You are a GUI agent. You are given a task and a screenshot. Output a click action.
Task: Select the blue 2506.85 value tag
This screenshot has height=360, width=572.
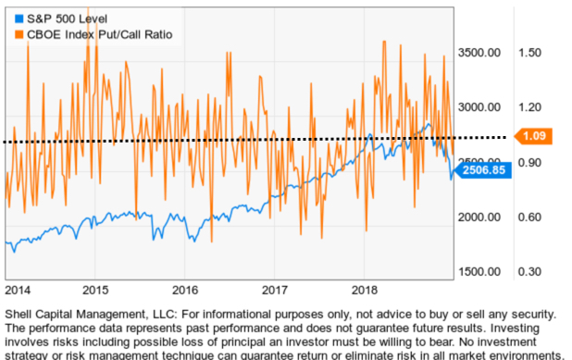484,170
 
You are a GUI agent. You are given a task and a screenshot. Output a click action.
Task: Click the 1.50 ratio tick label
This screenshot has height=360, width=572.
529,53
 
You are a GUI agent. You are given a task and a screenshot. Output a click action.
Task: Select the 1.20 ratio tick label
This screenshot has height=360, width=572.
529,107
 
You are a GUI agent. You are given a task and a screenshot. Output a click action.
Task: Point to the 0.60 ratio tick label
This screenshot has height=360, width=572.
529,217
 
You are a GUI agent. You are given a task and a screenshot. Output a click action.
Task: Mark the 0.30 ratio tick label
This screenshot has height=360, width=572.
529,271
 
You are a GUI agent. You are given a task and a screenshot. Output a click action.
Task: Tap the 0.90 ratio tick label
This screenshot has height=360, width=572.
529,162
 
